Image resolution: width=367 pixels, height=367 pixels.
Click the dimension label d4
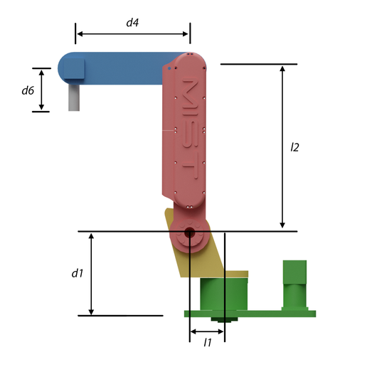[x=132, y=22]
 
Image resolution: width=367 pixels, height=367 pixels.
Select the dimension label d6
[x=28, y=90]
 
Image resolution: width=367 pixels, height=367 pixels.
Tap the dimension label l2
[x=294, y=147]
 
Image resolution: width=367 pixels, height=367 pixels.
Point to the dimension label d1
[x=78, y=273]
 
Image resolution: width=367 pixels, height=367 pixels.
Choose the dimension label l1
[x=208, y=343]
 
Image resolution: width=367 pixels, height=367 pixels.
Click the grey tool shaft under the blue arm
[x=73, y=97]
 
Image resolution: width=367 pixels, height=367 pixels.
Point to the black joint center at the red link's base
[x=189, y=233]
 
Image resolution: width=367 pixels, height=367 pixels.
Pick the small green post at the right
[x=294, y=284]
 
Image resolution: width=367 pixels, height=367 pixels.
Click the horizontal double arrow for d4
[x=132, y=33]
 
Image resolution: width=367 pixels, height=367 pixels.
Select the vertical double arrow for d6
[x=42, y=90]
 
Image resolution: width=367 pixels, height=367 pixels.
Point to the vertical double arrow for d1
[x=91, y=273]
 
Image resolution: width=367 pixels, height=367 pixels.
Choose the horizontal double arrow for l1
[x=207, y=331]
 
